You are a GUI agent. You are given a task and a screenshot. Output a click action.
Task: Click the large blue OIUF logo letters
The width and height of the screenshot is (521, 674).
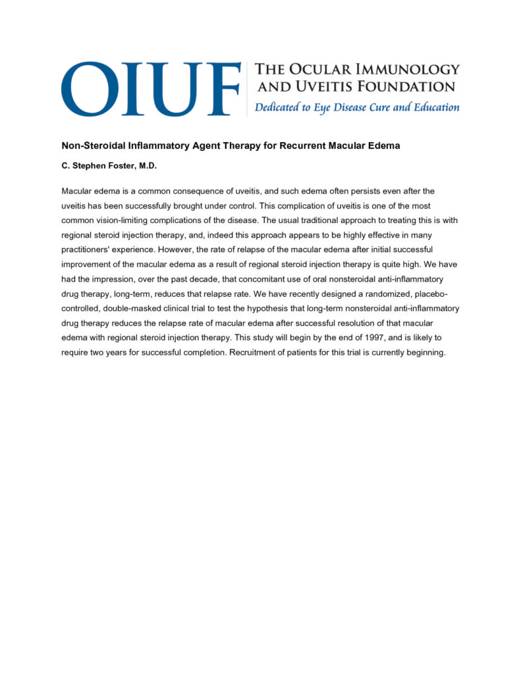coord(150,89)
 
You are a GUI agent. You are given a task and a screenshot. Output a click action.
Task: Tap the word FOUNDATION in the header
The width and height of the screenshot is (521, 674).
coord(403,86)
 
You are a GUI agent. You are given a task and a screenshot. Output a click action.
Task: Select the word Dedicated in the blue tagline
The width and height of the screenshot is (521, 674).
coord(277,107)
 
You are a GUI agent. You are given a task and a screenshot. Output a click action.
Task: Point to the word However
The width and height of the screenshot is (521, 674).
coord(175,249)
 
